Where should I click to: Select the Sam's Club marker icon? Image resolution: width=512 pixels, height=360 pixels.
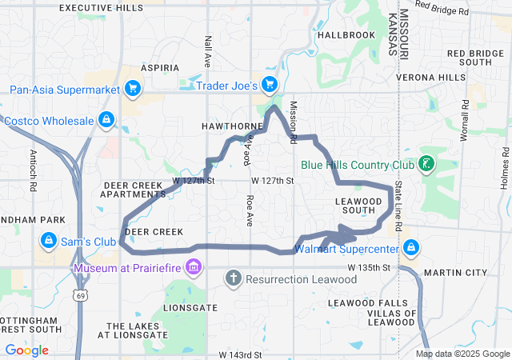pyautogui.click(x=48, y=240)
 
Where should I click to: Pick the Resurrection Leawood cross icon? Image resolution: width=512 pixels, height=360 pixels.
pyautogui.click(x=233, y=279)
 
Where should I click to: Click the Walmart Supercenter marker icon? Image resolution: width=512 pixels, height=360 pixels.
pyautogui.click(x=411, y=246)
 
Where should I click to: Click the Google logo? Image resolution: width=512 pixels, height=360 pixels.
pyautogui.click(x=26, y=350)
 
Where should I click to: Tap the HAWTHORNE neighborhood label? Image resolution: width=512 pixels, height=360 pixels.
pyautogui.click(x=231, y=126)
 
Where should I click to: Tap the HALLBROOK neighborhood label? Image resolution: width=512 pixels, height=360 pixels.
pyautogui.click(x=346, y=35)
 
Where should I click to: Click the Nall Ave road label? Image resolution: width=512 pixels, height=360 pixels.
pyautogui.click(x=208, y=50)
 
